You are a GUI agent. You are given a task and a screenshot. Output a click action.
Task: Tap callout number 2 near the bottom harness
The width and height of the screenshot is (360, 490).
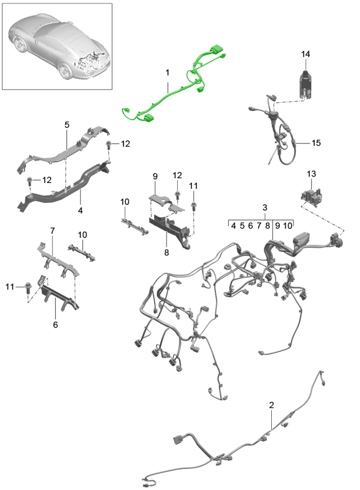click(x=271, y=405)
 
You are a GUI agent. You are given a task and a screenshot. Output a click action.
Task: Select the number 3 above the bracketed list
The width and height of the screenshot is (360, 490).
click(x=265, y=208)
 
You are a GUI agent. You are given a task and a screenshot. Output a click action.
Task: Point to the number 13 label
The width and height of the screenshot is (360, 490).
click(x=312, y=174)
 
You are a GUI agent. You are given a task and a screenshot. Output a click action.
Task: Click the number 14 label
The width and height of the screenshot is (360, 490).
click(x=305, y=55)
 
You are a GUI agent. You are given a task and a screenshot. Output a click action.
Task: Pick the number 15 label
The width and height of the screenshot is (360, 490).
click(x=316, y=143)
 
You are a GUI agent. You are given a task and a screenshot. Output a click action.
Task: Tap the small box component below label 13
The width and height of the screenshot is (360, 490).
click(x=311, y=195)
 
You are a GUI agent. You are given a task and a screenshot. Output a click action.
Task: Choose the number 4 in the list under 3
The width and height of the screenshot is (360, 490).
click(x=234, y=225)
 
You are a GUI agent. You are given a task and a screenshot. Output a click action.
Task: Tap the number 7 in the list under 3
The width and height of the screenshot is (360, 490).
click(x=259, y=225)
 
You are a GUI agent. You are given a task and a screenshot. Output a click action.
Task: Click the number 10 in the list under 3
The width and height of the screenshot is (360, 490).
click(x=288, y=225)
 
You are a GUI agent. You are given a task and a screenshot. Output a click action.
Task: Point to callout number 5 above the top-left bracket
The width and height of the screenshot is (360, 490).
click(x=66, y=125)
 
